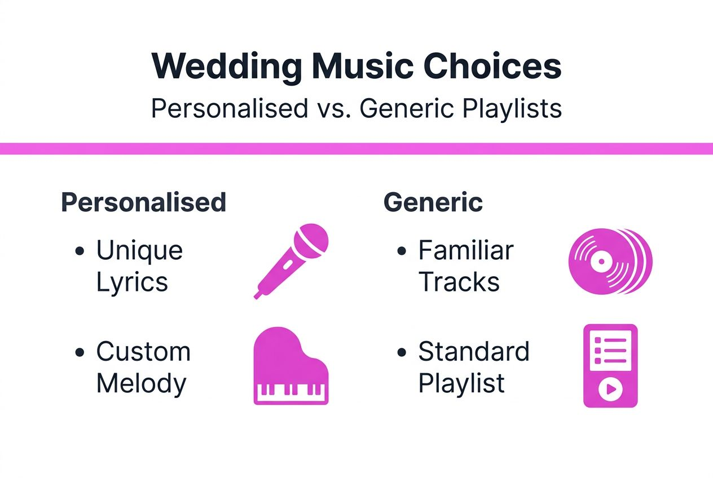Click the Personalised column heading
click(143, 202)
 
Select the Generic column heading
click(433, 202)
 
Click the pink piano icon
click(291, 367)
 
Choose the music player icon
click(610, 365)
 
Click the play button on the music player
click(610, 389)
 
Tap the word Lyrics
click(132, 282)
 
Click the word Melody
click(141, 383)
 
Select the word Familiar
click(465, 250)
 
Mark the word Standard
click(473, 352)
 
